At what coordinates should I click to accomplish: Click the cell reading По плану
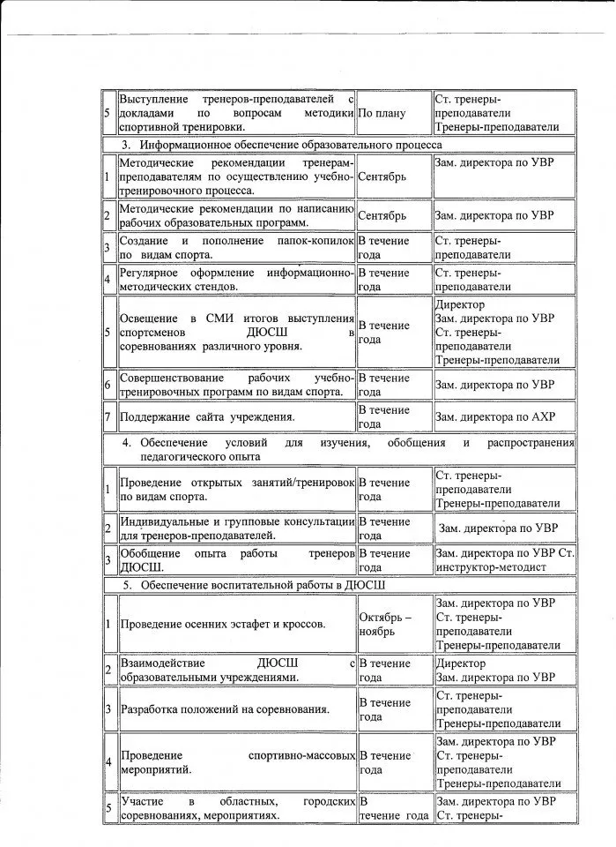382,113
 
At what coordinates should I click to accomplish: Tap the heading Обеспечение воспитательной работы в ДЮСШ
261,586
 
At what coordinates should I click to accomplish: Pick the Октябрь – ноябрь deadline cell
383,625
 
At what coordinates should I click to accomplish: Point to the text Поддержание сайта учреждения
206,416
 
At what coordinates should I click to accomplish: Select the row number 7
108,416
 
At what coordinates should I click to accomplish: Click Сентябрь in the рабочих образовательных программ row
382,215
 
